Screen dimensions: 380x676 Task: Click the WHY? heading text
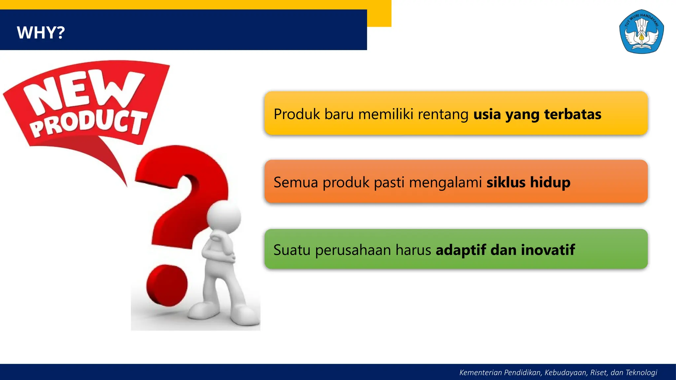click(41, 33)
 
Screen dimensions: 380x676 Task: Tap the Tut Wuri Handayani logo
click(641, 32)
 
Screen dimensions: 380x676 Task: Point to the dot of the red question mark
click(167, 286)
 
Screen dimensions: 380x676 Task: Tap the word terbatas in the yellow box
click(572, 114)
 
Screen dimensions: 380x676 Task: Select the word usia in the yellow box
click(487, 114)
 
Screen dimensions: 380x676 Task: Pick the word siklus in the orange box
click(506, 182)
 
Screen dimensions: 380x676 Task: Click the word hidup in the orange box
click(550, 182)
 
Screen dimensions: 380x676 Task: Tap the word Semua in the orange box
click(295, 182)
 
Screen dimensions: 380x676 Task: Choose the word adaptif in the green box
click(461, 250)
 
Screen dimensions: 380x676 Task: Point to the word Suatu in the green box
click(292, 250)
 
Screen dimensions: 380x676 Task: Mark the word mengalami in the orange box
click(445, 182)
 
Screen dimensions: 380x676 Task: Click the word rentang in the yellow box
click(443, 114)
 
